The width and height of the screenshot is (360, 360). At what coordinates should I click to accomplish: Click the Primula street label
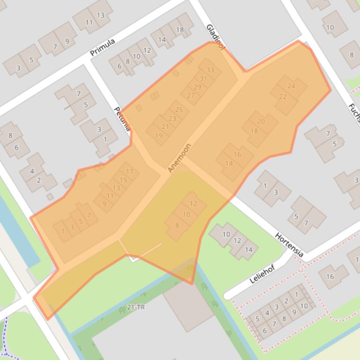point(103,47)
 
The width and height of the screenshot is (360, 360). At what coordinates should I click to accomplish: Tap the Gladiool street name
point(216,37)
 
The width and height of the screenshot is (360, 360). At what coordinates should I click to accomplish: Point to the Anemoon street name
point(180,158)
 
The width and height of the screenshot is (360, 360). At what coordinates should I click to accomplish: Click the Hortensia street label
point(289,245)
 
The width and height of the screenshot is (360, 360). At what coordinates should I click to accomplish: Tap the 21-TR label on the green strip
point(135,307)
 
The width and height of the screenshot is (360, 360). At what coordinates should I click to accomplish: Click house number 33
point(210,70)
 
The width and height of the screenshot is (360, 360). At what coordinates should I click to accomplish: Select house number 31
point(203,79)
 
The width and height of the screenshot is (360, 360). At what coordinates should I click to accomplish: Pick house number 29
point(197,87)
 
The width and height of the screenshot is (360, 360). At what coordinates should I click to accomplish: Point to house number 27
point(191,95)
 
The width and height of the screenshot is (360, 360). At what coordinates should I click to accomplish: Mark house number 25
point(178,110)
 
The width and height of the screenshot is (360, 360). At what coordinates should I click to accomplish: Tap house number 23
point(172,118)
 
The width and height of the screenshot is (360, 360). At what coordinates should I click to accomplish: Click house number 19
point(158,136)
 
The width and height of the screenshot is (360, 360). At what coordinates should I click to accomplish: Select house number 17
point(130,172)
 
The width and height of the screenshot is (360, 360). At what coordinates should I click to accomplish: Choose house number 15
point(123,180)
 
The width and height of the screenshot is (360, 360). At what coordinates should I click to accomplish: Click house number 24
point(291,86)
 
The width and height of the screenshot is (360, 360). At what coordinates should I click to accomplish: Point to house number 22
point(283,97)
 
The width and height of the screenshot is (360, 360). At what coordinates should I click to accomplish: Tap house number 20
point(261,122)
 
